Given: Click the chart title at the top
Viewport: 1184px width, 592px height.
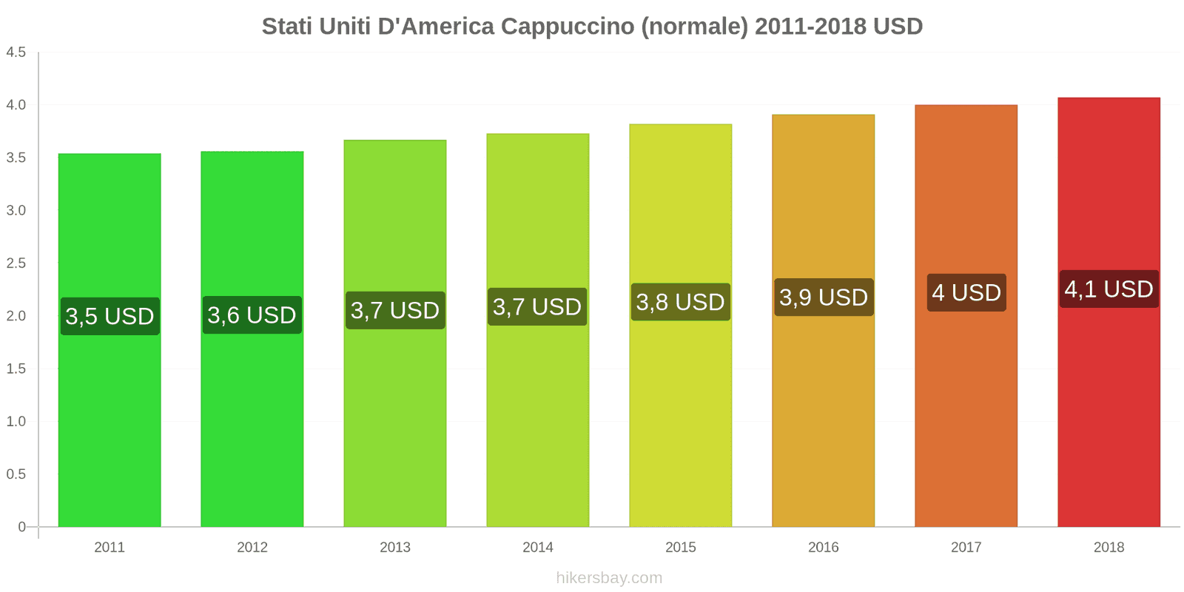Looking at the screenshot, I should click(x=592, y=27).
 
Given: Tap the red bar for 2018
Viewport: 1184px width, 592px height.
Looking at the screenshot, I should click(x=1109, y=414).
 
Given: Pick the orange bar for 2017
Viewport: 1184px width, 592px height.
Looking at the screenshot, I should click(x=966, y=414).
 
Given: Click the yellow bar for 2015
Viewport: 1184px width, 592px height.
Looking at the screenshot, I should click(x=680, y=414).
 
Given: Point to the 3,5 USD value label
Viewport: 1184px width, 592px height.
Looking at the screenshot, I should click(x=110, y=316).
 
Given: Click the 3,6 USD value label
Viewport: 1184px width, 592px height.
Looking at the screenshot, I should click(x=252, y=315).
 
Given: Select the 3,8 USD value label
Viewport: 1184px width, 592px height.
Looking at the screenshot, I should click(x=680, y=302).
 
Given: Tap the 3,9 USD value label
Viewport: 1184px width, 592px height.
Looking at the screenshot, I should click(x=824, y=297).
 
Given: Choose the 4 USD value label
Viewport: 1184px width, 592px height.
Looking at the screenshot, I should click(x=966, y=293).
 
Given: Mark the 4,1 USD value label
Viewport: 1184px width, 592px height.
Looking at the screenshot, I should click(x=1109, y=289).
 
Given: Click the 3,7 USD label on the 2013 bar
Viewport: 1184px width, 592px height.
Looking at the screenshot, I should click(x=395, y=310).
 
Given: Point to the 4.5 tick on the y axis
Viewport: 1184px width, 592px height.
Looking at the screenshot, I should click(x=16, y=53).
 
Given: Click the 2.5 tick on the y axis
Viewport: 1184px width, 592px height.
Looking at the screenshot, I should click(x=16, y=263).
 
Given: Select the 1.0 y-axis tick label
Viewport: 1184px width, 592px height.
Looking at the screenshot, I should click(x=16, y=422).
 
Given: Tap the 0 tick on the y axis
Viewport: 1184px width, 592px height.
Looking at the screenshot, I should click(x=21, y=527).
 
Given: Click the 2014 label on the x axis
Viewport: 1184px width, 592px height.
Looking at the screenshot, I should click(x=538, y=548).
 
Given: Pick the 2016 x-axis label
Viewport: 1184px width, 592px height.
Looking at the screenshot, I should click(x=824, y=548).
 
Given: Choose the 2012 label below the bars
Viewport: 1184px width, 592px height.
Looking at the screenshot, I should click(x=252, y=548).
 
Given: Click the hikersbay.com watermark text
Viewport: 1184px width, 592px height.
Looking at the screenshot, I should click(x=609, y=578).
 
